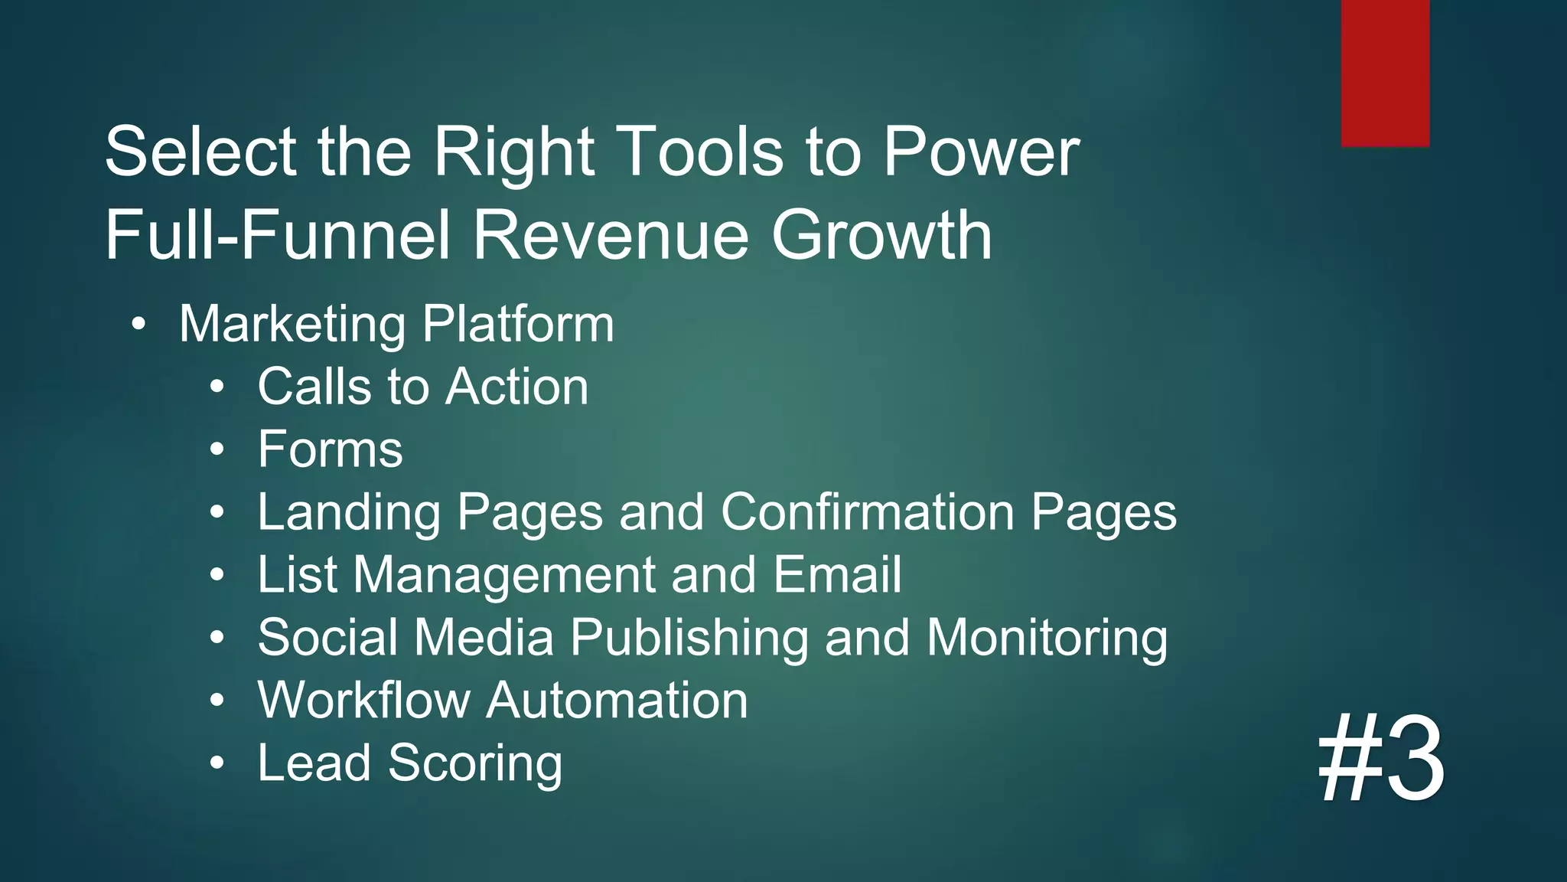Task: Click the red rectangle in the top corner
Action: click(1385, 73)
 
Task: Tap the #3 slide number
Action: click(1381, 758)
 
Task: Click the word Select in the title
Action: click(200, 152)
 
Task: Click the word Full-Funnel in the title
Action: click(277, 235)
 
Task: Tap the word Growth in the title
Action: click(881, 235)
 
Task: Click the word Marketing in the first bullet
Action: click(292, 324)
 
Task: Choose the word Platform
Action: click(518, 324)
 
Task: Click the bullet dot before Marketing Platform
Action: click(138, 325)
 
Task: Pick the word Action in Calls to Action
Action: click(517, 386)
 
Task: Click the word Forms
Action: click(330, 449)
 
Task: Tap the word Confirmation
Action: click(867, 511)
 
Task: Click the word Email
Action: click(837, 574)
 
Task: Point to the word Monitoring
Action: click(1047, 638)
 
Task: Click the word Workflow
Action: click(364, 700)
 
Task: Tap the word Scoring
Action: click(475, 763)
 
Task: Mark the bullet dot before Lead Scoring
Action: click(218, 763)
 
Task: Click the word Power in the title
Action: click(981, 152)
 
